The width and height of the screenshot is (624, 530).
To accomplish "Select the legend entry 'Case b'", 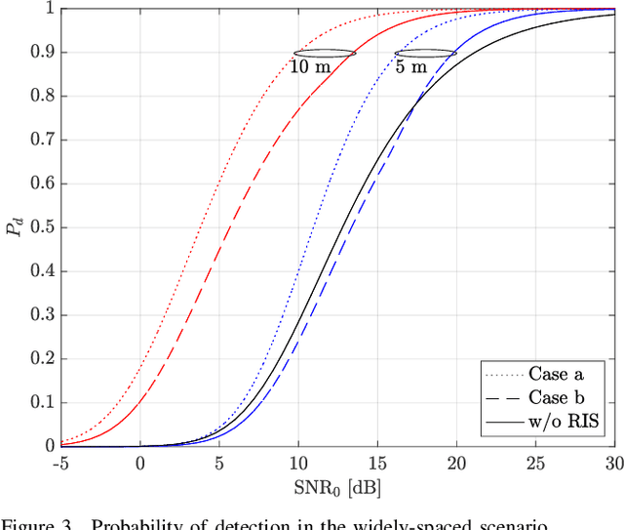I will pyautogui.click(x=560, y=398).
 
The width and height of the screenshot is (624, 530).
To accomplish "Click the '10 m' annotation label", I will pyautogui.click(x=310, y=68).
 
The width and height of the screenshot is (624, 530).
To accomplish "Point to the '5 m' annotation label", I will pyautogui.click(x=410, y=68).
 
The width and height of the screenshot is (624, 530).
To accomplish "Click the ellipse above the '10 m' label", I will pyautogui.click(x=325, y=53).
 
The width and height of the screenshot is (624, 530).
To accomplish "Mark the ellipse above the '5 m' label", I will pyautogui.click(x=425, y=53).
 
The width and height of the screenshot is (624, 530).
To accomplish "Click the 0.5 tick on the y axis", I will pyautogui.click(x=42, y=227).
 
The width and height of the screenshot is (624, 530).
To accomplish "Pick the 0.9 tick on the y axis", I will pyautogui.click(x=42, y=53).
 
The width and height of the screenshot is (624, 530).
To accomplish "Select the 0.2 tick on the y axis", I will pyautogui.click(x=42, y=358).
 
